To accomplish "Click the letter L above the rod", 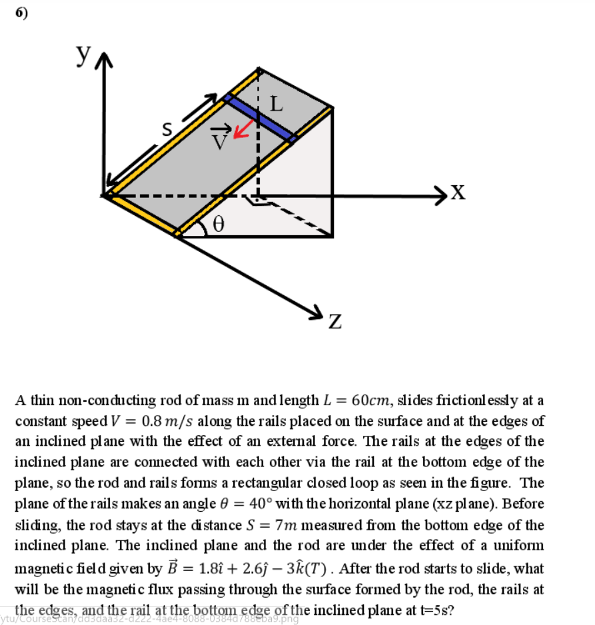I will point(277,104).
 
